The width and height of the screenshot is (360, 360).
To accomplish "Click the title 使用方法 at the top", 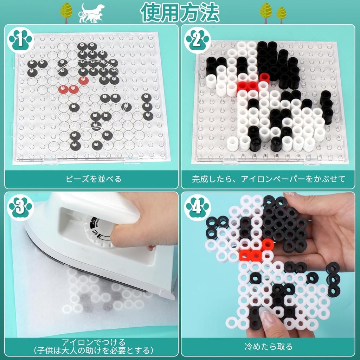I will tap(180, 13).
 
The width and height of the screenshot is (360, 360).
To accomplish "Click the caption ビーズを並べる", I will tap(94, 179).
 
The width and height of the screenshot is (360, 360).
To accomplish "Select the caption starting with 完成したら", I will tap(269, 179).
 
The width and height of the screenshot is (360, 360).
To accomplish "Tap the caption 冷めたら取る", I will tap(269, 347).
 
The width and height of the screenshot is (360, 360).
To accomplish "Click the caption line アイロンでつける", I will tap(94, 342).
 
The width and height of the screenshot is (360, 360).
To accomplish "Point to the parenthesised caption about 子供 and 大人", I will tap(94, 350).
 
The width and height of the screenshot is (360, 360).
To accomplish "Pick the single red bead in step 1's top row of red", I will tap(83, 80).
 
